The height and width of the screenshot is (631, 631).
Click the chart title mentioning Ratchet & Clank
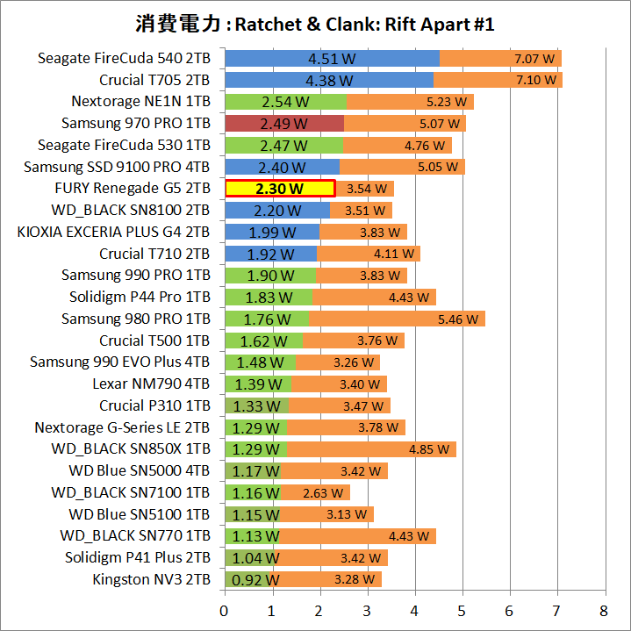[315, 24]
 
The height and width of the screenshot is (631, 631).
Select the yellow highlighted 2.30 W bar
[280, 189]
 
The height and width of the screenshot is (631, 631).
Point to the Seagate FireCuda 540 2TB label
[124, 59]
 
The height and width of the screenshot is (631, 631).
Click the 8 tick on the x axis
[603, 610]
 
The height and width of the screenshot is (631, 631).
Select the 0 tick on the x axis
[225, 610]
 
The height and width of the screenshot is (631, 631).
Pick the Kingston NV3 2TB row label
[151, 579]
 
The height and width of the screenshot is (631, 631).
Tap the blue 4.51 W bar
[332, 59]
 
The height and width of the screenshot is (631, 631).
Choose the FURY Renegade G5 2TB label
[133, 189]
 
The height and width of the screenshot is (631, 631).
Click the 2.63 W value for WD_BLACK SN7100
[322, 492]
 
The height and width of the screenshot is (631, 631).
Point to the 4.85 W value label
[428, 449]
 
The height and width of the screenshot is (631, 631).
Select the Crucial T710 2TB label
[154, 254]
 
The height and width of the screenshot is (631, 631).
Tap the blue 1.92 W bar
[270, 254]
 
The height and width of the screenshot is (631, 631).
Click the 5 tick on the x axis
[462, 610]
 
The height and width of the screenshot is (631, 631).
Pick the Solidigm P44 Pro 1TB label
[140, 297]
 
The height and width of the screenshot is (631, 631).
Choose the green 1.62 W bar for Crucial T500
[263, 341]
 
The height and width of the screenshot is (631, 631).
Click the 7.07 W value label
[534, 59]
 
